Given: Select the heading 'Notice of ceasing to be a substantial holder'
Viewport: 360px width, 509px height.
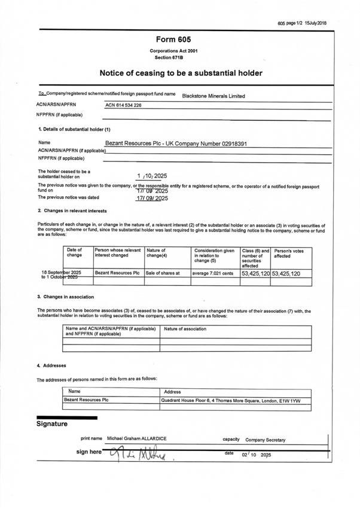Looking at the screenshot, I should [x=180, y=73].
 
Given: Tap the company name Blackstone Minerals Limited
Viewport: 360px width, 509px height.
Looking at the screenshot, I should [x=213, y=96].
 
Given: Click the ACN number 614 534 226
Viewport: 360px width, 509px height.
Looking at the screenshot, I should [x=124, y=105].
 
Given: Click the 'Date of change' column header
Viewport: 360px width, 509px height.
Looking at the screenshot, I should [x=75, y=253].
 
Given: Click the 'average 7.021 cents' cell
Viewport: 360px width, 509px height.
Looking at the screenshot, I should [x=213, y=273].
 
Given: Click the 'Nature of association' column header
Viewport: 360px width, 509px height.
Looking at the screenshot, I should [x=185, y=329].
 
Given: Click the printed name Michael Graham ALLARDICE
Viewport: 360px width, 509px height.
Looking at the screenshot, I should [x=137, y=438].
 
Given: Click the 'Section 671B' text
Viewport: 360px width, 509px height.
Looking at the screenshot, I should [x=180, y=57].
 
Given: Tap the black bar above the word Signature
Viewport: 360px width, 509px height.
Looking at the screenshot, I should [x=58, y=417].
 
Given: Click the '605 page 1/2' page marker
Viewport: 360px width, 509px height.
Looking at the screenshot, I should [x=291, y=23].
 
